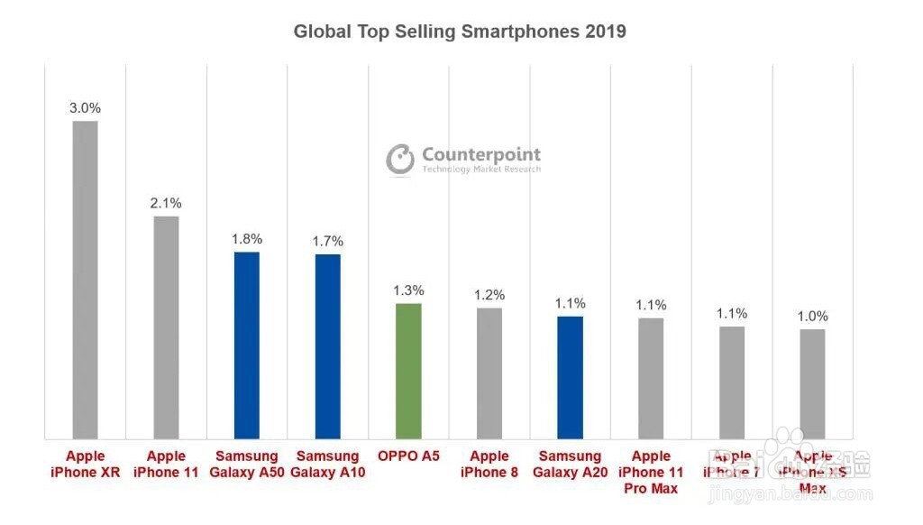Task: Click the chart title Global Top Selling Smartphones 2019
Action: (460, 32)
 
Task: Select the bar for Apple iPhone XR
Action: (85, 280)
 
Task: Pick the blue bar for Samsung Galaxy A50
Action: (247, 345)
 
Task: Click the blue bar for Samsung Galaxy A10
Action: (328, 347)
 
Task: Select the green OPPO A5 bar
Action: (408, 371)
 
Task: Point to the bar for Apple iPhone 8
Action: (489, 373)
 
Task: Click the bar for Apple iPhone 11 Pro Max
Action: (651, 378)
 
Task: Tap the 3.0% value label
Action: (85, 108)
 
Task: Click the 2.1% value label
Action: (166, 203)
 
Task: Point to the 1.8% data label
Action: (247, 239)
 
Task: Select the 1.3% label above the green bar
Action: (408, 290)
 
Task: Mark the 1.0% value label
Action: (812, 317)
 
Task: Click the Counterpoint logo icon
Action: (400, 160)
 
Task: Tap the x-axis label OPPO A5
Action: (408, 456)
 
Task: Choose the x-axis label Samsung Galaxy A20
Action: (570, 464)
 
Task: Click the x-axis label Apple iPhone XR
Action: (85, 464)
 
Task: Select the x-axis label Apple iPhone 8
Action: (489, 464)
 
